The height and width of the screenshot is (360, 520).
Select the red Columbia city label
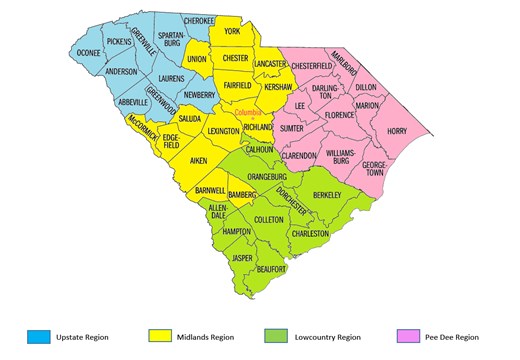248,114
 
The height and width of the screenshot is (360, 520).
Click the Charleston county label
309,233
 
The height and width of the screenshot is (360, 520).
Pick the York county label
233,32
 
